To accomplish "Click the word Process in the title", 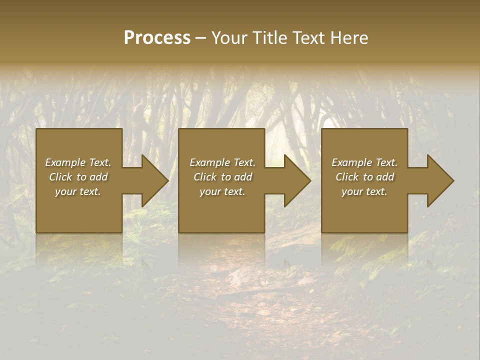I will [157, 38].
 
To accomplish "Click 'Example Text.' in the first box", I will [78, 162].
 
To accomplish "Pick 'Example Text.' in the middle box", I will [222, 162].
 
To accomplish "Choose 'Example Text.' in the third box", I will [364, 162].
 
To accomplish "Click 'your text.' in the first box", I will [78, 191].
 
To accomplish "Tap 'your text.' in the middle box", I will [222, 191].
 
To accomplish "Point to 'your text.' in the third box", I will [364, 191].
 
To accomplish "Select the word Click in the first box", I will [61, 177].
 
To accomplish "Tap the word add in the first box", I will [98, 177].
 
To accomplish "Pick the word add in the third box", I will [385, 177].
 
